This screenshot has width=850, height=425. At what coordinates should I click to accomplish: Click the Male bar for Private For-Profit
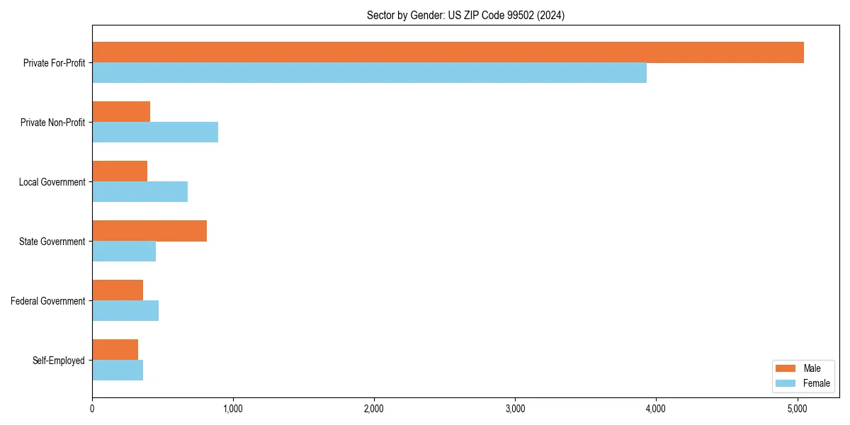448,52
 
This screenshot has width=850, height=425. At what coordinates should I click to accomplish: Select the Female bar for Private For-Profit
369,73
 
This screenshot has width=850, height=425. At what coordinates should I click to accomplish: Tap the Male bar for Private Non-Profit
121,112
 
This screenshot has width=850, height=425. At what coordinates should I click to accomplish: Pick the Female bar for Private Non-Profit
155,132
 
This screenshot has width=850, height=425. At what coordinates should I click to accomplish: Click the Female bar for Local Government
140,192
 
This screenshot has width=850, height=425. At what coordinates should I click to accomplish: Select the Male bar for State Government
149,231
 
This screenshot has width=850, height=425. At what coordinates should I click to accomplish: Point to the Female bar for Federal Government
125,311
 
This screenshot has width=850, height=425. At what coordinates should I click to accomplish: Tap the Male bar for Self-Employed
115,350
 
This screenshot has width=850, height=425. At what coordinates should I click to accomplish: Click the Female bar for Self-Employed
118,370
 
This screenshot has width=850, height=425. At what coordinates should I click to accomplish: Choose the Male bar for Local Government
120,171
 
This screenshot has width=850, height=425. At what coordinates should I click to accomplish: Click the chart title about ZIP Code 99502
465,16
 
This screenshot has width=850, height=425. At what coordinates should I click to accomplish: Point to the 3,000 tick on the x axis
515,409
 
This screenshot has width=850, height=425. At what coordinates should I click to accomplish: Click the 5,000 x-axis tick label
797,409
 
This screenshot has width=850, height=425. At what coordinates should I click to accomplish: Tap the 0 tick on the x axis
92,409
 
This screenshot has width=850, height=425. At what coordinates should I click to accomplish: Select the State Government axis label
52,242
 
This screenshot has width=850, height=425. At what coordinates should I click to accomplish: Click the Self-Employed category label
58,361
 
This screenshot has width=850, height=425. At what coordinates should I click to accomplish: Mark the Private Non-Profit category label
52,123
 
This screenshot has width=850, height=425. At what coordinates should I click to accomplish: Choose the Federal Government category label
48,301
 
